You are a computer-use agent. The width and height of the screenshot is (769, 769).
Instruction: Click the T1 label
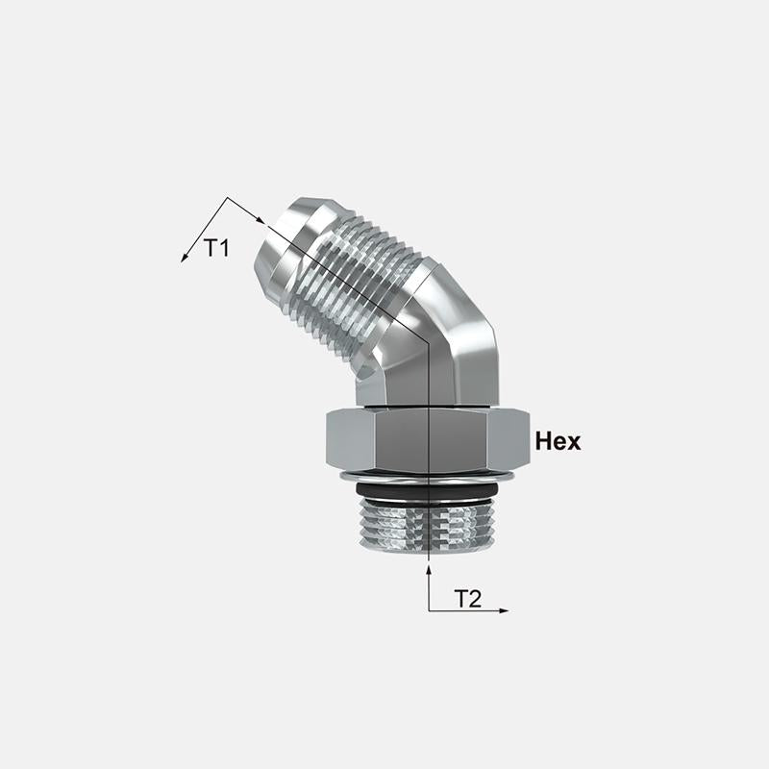point(216,248)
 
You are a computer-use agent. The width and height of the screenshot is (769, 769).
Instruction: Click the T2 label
point(468,599)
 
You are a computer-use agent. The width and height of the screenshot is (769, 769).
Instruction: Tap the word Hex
point(558,441)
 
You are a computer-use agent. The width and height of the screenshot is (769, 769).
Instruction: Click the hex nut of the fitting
point(428,440)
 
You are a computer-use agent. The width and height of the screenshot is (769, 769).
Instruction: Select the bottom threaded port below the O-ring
point(427,526)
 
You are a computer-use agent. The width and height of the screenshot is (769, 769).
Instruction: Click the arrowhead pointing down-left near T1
point(185,258)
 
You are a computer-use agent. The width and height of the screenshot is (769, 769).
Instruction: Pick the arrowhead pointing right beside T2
point(504,610)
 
